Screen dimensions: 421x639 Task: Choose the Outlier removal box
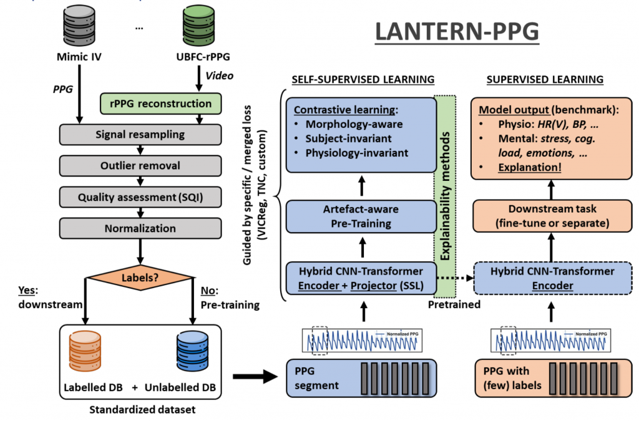point(139,167)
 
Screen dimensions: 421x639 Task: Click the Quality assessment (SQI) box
point(139,198)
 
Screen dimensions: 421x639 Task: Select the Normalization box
point(139,230)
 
